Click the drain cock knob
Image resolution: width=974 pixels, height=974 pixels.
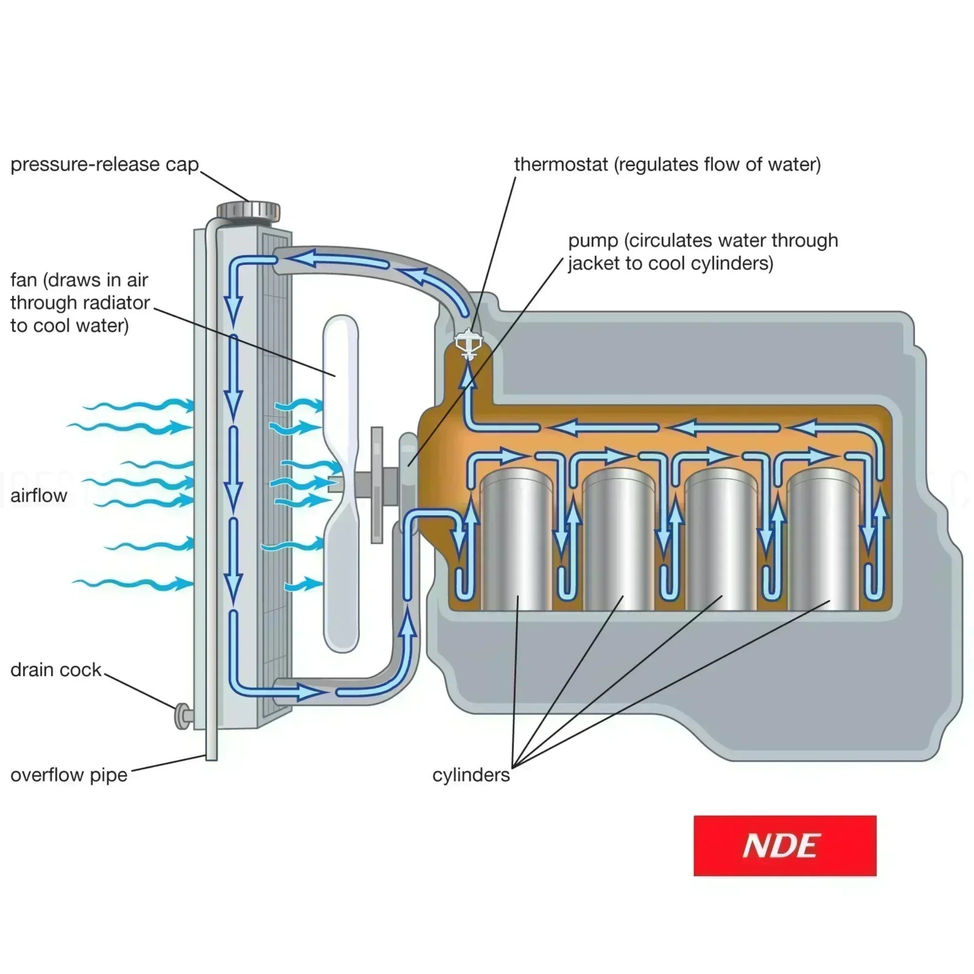pyautogui.click(x=182, y=716)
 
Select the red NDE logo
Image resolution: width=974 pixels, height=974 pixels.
pyautogui.click(x=784, y=845)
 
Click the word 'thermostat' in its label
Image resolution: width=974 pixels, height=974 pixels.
pyautogui.click(x=561, y=165)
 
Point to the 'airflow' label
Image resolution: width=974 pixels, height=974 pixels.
pyautogui.click(x=39, y=496)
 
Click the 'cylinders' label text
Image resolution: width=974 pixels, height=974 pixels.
pyautogui.click(x=471, y=775)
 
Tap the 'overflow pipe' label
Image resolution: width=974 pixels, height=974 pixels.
pyautogui.click(x=69, y=775)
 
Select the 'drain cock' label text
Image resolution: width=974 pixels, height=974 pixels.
pyautogui.click(x=56, y=670)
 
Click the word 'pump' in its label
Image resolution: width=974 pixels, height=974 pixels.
pyautogui.click(x=593, y=241)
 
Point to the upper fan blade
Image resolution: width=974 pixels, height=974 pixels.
pyautogui.click(x=341, y=383)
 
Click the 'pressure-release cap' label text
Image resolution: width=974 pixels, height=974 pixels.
pyautogui.click(x=104, y=165)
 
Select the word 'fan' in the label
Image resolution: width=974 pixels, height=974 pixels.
pyautogui.click(x=23, y=280)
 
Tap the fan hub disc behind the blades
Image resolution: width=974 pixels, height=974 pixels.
pyautogui.click(x=376, y=484)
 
